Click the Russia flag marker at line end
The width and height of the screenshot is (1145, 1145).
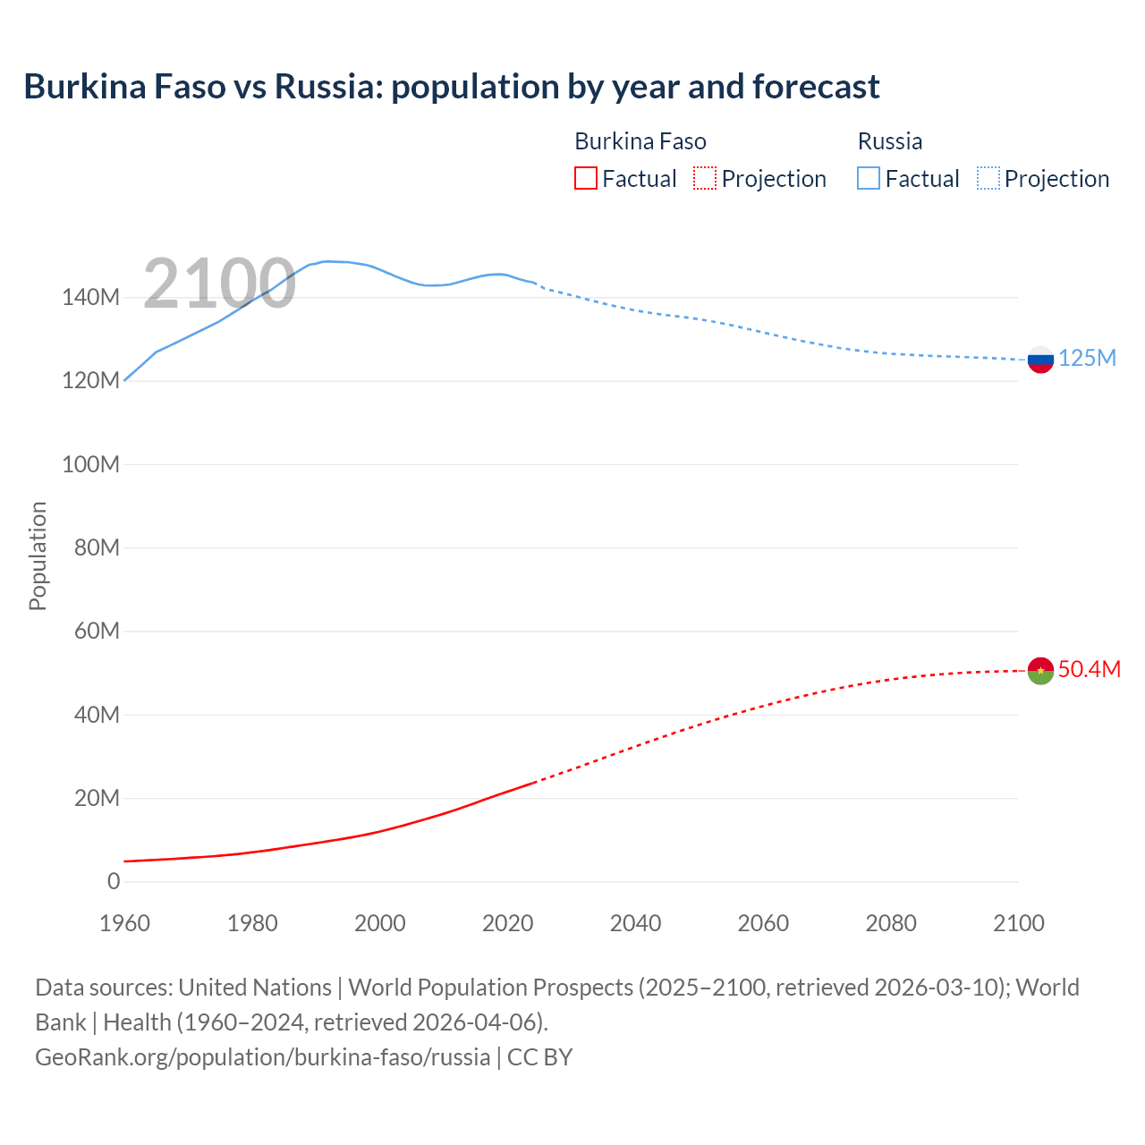[1040, 360]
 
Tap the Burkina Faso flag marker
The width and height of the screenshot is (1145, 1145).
[1040, 670]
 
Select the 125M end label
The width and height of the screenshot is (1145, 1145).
[1087, 359]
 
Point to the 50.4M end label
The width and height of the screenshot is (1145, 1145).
[1089, 670]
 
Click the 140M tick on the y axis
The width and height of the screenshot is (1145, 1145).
[90, 297]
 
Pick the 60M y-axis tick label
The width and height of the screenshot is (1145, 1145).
[97, 632]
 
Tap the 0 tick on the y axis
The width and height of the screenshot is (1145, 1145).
[114, 882]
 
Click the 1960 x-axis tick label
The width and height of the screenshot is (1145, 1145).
[125, 923]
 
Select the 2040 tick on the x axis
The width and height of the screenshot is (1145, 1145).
[635, 923]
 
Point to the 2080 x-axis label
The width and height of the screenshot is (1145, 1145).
[891, 923]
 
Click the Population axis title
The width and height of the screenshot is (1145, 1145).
[38, 556]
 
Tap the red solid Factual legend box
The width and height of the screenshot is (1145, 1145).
[586, 178]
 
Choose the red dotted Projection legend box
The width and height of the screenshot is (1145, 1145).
[705, 178]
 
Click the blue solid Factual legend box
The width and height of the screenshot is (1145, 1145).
[869, 178]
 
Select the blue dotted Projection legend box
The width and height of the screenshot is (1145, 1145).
[988, 178]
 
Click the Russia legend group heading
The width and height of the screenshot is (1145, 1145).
[889, 141]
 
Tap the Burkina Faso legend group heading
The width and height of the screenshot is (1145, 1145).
[640, 141]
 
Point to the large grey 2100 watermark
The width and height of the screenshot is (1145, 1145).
[219, 284]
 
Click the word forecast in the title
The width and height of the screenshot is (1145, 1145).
[816, 87]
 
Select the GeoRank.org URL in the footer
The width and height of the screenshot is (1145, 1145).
[262, 1057]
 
